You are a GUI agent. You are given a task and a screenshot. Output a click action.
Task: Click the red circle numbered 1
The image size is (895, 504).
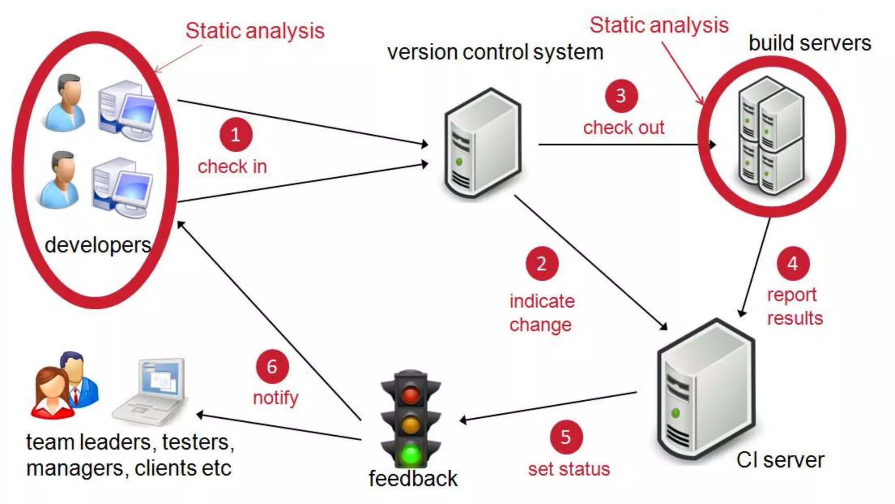[236, 134]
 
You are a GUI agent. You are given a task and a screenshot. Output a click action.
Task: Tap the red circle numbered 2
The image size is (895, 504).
[542, 264]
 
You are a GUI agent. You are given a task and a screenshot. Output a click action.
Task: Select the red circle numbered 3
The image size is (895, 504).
[621, 96]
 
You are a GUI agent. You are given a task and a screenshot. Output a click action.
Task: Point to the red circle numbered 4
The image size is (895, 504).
[793, 263]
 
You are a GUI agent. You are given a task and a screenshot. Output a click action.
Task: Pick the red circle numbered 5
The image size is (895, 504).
[566, 437]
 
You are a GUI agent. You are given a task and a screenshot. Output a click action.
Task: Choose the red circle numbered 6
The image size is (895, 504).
[272, 367]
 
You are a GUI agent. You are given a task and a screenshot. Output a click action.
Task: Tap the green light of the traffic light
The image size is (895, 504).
[411, 454]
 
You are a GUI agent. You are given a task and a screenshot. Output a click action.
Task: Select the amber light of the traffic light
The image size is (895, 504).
[411, 424]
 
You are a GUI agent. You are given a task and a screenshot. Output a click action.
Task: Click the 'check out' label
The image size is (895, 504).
[624, 128]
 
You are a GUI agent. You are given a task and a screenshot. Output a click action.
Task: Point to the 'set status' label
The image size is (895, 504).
[569, 469]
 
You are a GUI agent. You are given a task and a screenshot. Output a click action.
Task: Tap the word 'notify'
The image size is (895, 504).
[276, 398]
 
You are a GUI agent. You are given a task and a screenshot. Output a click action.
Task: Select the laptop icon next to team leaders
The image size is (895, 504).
[151, 392]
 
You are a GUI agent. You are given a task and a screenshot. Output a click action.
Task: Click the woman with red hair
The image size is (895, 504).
[52, 392]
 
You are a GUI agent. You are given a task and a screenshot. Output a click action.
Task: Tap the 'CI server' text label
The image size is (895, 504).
[780, 460]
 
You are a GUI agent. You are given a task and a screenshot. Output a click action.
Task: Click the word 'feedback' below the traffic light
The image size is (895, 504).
[413, 478]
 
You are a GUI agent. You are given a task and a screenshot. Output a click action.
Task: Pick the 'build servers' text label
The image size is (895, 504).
[810, 43]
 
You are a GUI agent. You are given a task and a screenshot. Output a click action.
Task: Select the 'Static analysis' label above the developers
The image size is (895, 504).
[255, 31]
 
